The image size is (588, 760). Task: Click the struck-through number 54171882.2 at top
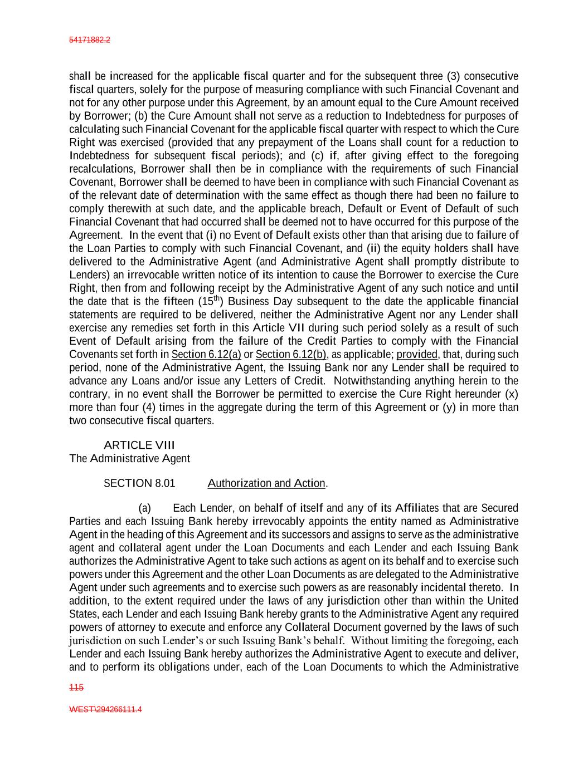click(x=89, y=40)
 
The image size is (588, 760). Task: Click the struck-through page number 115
click(x=76, y=688)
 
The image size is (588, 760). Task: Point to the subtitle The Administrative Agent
click(x=129, y=458)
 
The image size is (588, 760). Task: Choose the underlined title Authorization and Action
click(x=266, y=483)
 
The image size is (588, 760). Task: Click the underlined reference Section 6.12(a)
click(x=206, y=354)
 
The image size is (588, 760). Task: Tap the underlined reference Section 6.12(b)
click(x=291, y=354)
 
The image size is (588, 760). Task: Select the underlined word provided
click(x=417, y=354)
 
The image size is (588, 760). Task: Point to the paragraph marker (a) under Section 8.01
click(x=144, y=508)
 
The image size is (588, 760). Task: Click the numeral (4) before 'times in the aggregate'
click(x=151, y=407)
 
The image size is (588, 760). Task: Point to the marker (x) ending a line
click(x=511, y=394)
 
